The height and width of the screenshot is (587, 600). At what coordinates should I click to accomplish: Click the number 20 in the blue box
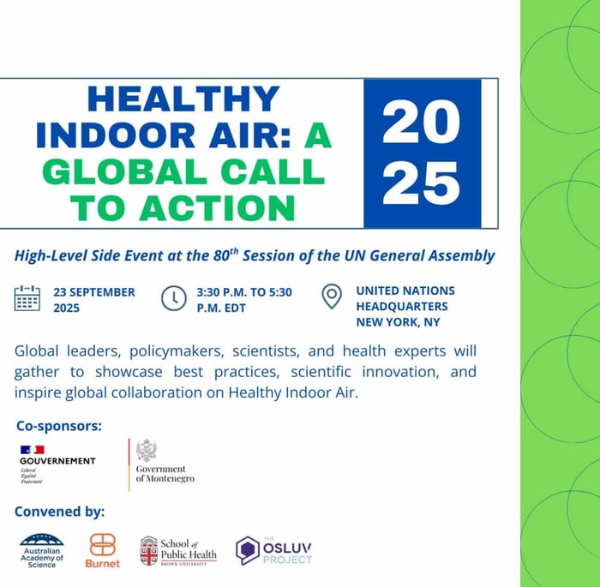tap(421, 123)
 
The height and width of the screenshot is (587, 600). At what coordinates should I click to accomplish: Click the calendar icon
tap(27, 298)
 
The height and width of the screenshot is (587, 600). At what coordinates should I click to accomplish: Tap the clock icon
tap(173, 297)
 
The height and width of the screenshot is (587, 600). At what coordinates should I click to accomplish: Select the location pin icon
tap(331, 296)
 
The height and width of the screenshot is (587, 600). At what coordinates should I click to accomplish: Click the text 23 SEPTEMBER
tap(93, 291)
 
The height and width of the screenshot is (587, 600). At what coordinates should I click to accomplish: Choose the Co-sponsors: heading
tap(58, 425)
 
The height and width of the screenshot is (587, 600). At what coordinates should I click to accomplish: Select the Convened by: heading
tap(60, 512)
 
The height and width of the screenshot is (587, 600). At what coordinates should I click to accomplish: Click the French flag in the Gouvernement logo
tap(33, 449)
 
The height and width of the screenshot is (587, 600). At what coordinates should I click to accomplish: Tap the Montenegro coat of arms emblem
tap(146, 451)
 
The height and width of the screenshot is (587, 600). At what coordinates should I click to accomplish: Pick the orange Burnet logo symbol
tap(102, 545)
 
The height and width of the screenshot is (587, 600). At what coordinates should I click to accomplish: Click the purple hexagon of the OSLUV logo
tap(248, 549)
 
